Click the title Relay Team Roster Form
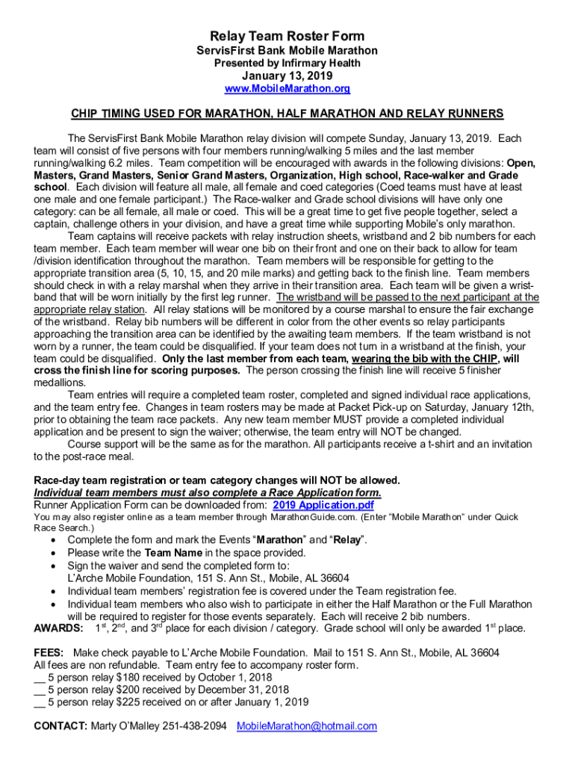[287, 36]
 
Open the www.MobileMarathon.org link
[287, 89]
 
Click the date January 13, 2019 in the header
[287, 76]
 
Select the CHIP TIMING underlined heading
[287, 114]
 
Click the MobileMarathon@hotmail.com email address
[307, 726]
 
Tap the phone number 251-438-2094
[195, 726]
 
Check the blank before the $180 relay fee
[40, 678]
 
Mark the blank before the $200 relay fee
[40, 690]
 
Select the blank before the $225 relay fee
[40, 702]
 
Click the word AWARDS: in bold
[58, 628]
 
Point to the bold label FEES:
[49, 653]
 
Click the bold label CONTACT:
[60, 726]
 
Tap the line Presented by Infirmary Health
[287, 64]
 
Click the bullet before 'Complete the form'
[52, 540]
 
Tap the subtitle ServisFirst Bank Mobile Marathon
[287, 51]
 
